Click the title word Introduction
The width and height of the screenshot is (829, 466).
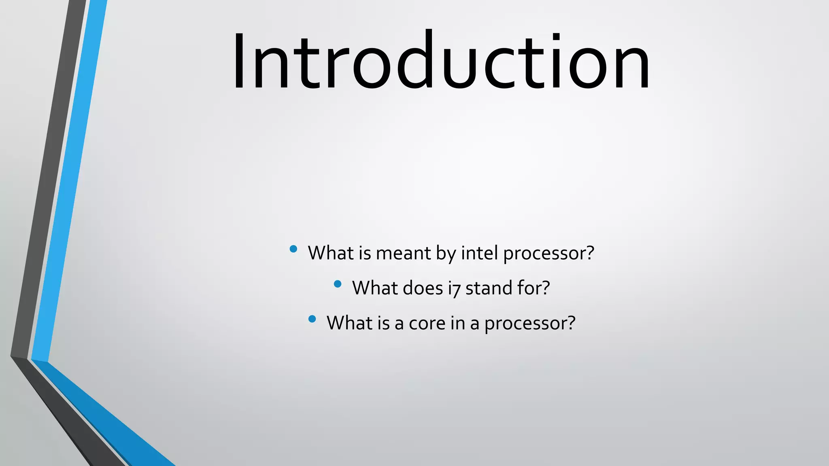(441, 61)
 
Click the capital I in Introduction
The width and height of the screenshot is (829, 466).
(239, 61)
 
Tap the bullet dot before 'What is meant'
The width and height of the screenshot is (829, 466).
(293, 249)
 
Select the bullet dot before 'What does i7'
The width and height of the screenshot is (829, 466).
(338, 284)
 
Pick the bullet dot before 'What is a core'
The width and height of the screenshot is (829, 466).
(312, 319)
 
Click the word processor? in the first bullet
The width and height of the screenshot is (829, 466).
(548, 254)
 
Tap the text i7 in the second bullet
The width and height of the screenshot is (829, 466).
(454, 288)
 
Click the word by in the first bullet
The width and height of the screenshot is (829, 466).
(446, 254)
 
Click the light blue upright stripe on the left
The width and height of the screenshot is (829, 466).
(69, 182)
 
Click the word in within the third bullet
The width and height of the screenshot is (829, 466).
(457, 323)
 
